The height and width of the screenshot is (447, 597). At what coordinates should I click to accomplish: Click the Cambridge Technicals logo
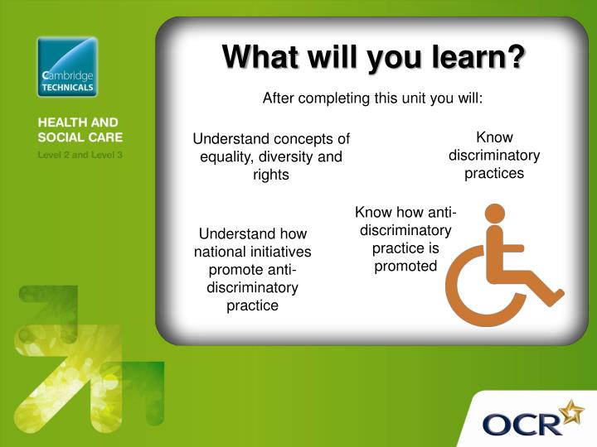click(x=67, y=67)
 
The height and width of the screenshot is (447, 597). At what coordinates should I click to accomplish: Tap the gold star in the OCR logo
click(x=572, y=412)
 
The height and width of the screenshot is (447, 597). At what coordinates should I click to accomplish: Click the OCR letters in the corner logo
click(x=522, y=425)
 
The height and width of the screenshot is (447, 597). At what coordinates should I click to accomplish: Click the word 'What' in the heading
click(x=260, y=57)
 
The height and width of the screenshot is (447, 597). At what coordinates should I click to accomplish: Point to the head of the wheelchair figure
click(x=495, y=214)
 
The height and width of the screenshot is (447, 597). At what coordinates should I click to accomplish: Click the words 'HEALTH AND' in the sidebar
click(x=78, y=123)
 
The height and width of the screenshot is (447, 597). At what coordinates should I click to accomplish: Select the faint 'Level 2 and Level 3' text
click(x=80, y=155)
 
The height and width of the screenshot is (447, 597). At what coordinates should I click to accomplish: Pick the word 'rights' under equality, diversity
click(x=271, y=175)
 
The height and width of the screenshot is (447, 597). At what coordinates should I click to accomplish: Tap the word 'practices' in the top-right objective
click(x=494, y=173)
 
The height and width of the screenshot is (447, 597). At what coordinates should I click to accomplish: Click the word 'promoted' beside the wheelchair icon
click(x=405, y=266)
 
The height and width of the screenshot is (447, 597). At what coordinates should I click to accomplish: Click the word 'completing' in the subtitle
click(x=334, y=99)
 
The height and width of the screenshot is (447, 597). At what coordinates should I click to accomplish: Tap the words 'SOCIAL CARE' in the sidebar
click(x=80, y=137)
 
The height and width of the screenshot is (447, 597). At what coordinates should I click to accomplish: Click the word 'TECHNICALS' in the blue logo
click(x=67, y=88)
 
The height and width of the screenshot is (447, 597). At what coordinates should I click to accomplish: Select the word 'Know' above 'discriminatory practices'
click(x=494, y=137)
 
